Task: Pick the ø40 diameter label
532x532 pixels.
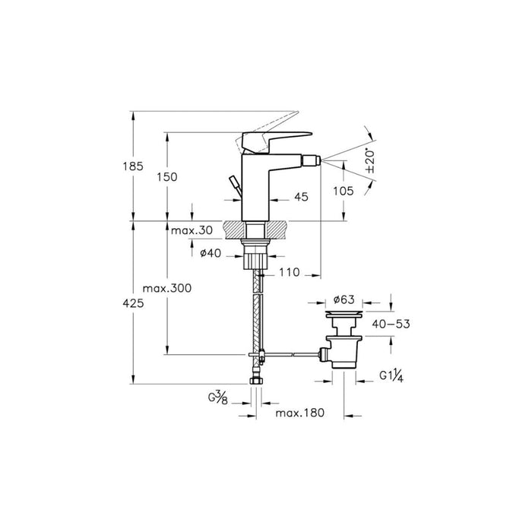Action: point(211,254)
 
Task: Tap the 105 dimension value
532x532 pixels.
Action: point(343,192)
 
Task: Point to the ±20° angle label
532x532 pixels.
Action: point(370,163)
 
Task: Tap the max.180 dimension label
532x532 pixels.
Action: point(300,413)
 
